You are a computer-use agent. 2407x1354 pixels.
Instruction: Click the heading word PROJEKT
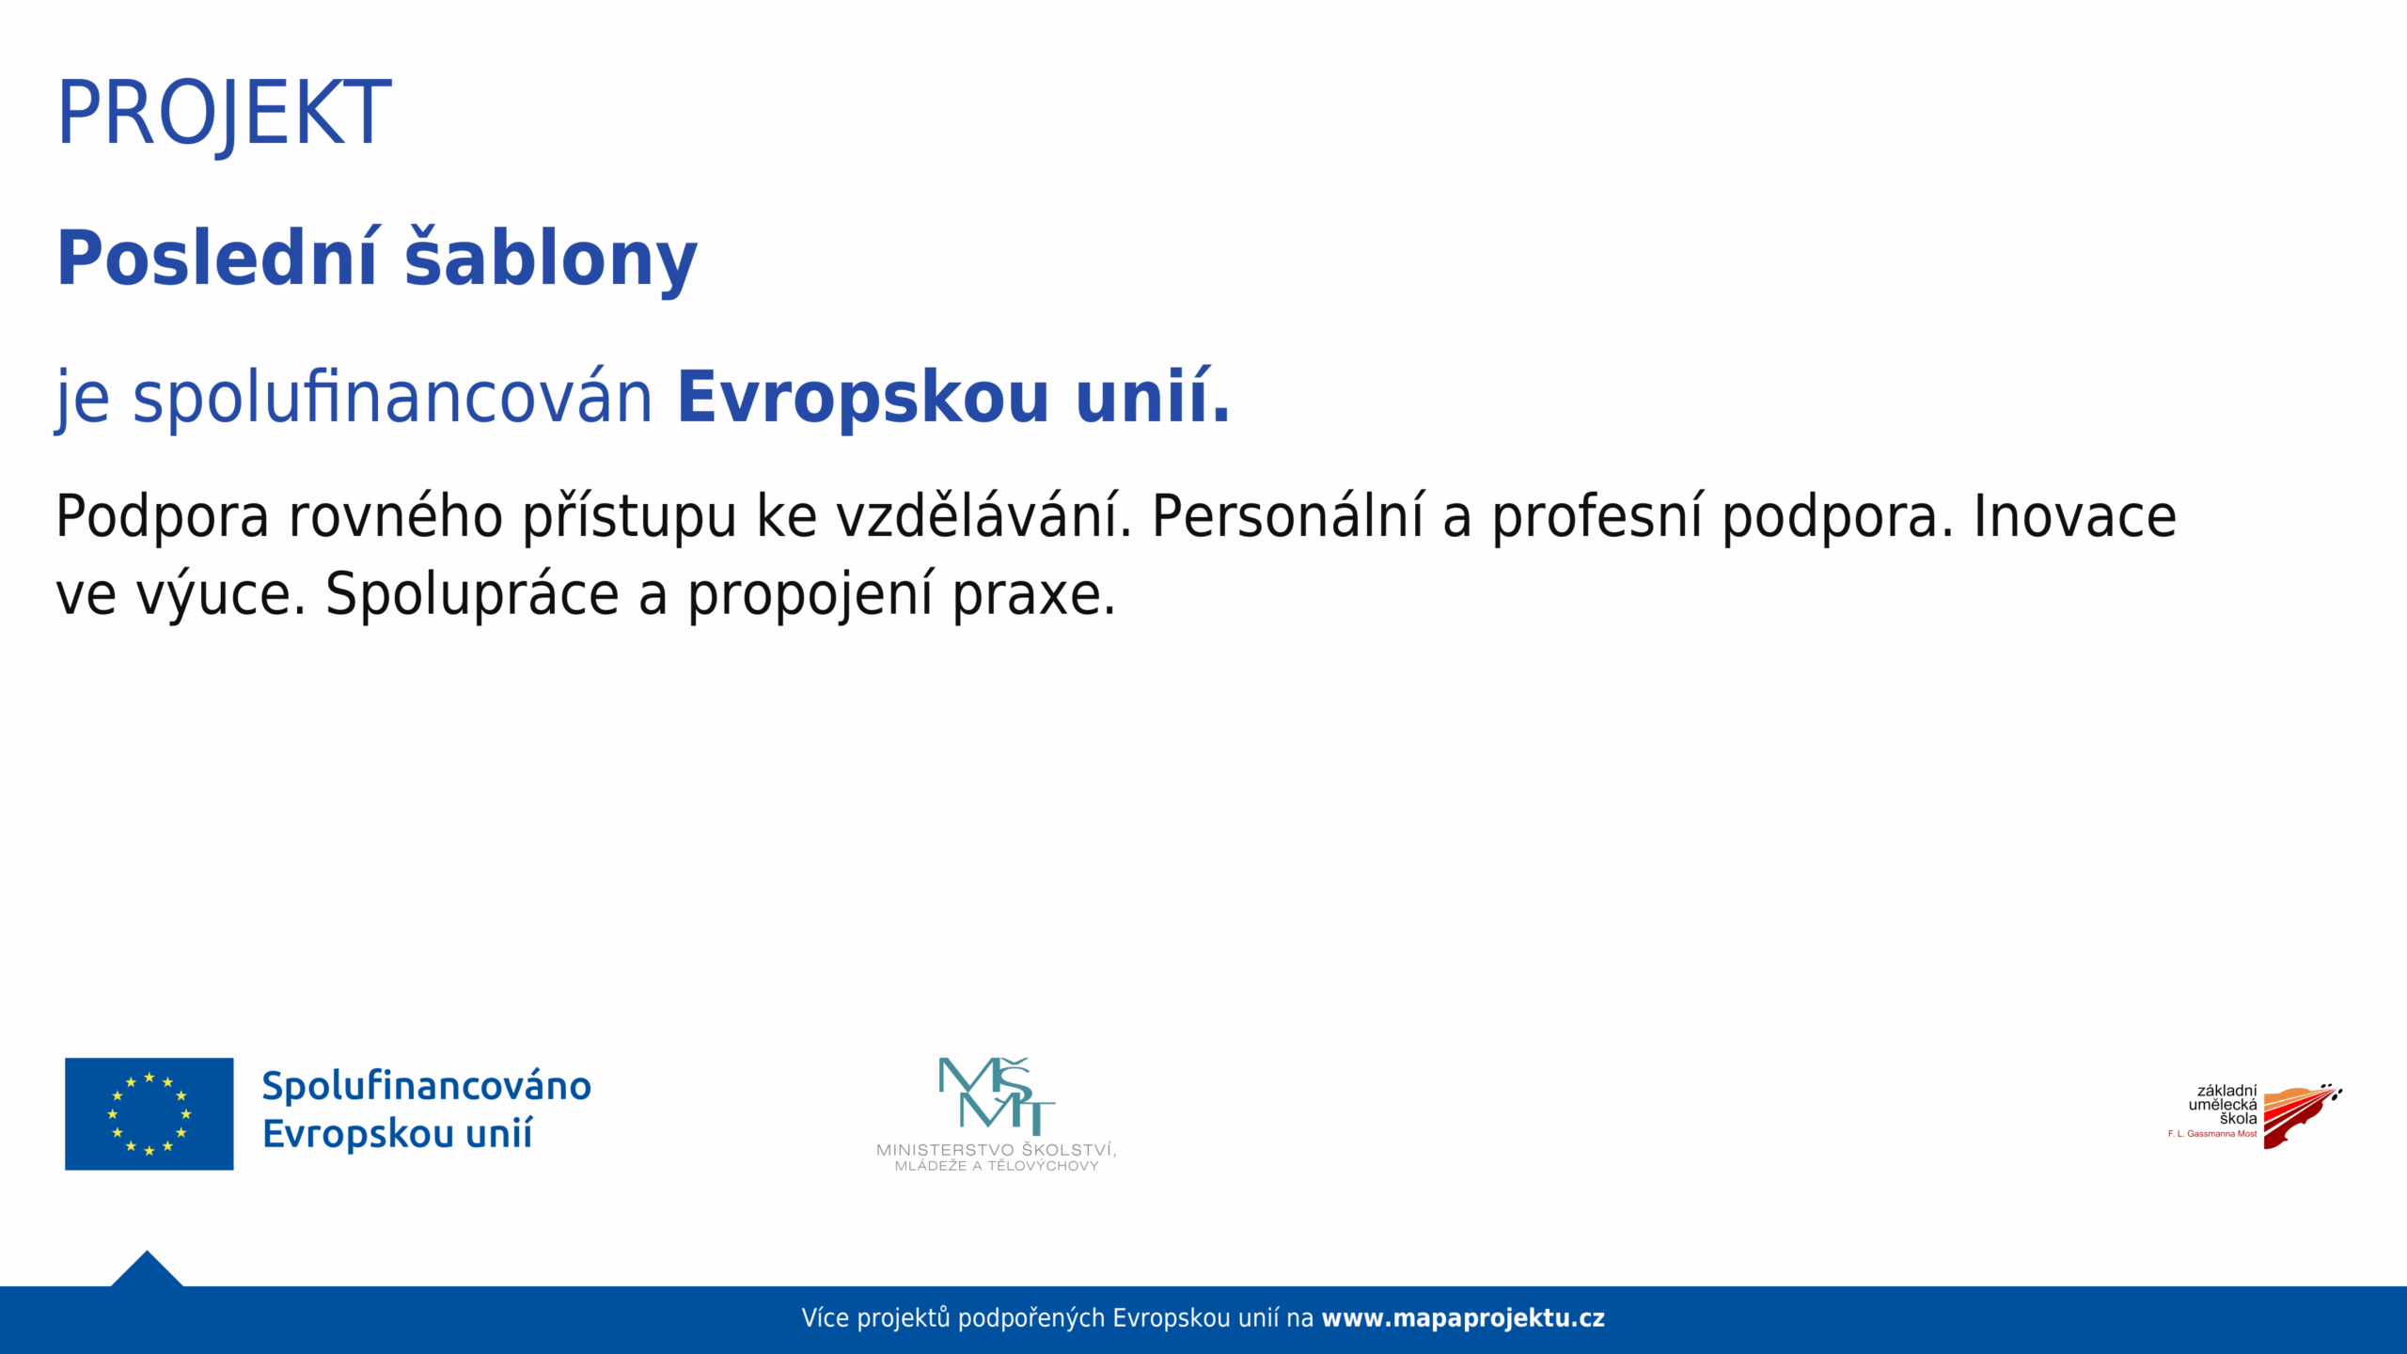pos(224,114)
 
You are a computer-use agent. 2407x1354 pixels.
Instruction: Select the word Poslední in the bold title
pos(217,258)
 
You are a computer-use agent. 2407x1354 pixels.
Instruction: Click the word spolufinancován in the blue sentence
pos(392,397)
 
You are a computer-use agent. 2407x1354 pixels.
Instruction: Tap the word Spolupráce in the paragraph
pos(472,594)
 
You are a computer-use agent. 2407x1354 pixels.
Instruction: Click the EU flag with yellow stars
pos(149,1113)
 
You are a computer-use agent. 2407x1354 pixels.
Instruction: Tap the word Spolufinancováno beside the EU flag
pos(426,1086)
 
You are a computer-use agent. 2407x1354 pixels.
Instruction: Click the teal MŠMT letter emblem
pos(997,1095)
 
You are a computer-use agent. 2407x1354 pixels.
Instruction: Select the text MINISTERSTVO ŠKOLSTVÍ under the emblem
pos(996,1149)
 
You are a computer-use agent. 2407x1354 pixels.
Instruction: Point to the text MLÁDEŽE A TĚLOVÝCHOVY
pos(997,1166)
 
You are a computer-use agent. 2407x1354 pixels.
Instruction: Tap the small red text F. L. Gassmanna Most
pos(2211,1134)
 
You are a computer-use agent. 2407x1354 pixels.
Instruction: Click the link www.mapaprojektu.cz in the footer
pos(1462,1318)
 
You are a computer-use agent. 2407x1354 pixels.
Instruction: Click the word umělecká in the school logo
pos(2222,1105)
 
